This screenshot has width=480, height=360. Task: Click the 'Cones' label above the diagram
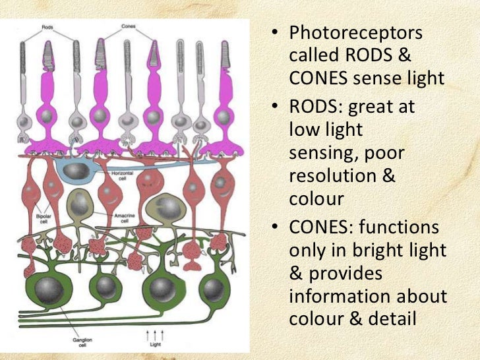click(x=129, y=28)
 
